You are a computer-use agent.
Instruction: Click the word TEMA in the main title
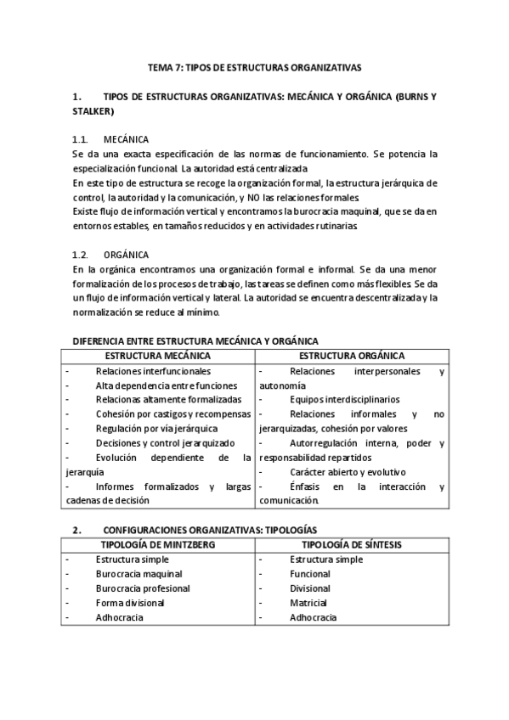[x=161, y=65]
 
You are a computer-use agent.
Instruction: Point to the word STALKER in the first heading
[x=93, y=110]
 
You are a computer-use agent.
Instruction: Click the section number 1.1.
[x=81, y=138]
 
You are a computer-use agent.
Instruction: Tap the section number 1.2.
[x=81, y=254]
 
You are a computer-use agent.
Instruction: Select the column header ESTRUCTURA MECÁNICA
[x=158, y=356]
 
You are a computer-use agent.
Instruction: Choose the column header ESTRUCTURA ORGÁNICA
[x=352, y=356]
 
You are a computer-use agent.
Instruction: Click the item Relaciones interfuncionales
[x=153, y=371]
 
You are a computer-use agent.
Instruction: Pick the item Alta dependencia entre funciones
[x=166, y=385]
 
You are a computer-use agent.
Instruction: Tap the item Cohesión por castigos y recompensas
[x=173, y=414]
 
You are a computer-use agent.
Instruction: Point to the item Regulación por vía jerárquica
[x=156, y=429]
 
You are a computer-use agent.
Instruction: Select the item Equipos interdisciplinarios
[x=344, y=399]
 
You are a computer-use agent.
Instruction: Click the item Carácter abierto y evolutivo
[x=348, y=471]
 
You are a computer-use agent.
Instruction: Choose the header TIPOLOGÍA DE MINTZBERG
[x=158, y=544]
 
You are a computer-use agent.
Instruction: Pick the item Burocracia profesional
[x=143, y=588]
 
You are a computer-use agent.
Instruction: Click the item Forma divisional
[x=130, y=603]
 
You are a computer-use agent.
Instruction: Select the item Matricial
[x=310, y=603]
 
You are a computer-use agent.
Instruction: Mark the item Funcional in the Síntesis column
[x=310, y=574]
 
